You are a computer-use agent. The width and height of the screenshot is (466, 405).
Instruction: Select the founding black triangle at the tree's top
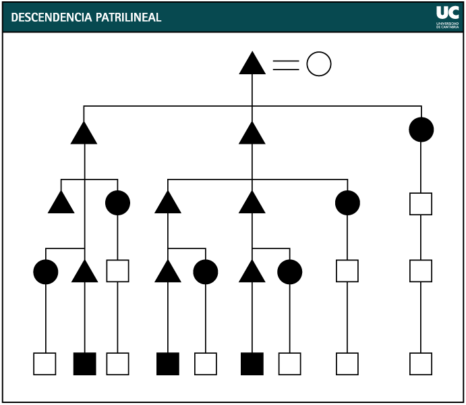[252, 65]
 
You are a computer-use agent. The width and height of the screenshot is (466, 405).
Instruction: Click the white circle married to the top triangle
[319, 65]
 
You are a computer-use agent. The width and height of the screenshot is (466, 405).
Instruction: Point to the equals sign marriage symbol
[285, 65]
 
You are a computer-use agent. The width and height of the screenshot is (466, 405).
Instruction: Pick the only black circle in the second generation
[421, 130]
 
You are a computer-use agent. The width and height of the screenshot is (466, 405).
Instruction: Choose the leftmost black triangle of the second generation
[84, 135]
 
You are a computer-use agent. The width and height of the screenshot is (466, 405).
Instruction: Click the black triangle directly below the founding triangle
[252, 135]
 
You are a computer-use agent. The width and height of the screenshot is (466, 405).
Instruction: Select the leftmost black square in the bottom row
[84, 363]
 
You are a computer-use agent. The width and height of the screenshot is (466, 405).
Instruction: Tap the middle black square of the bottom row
[167, 363]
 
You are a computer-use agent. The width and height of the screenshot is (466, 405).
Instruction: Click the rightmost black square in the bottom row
[252, 363]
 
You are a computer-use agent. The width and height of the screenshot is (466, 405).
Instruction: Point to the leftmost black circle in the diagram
[45, 271]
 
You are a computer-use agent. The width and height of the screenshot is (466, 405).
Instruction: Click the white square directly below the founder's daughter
[421, 203]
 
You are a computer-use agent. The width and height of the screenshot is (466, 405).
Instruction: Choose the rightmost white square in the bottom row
[421, 363]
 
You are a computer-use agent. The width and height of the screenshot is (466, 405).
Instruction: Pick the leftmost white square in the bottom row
[45, 363]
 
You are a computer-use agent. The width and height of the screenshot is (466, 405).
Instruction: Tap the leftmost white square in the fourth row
[117, 271]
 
